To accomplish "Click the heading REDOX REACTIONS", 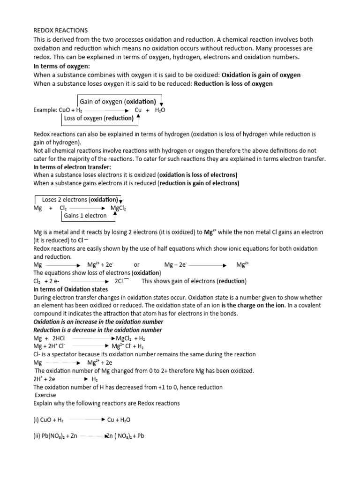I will [60, 30].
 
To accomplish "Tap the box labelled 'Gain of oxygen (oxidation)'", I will [118, 101].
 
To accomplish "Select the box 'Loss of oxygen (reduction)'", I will [98, 119].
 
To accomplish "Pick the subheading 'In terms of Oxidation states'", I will [70, 289].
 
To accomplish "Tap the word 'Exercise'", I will [46, 395].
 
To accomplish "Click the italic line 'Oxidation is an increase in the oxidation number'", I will [98, 322].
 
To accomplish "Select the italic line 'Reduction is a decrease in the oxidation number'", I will [98, 330].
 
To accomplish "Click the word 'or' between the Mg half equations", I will [137, 265].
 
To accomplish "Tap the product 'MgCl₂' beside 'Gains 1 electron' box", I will [118, 208].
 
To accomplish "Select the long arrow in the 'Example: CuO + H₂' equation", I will [106, 110].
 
